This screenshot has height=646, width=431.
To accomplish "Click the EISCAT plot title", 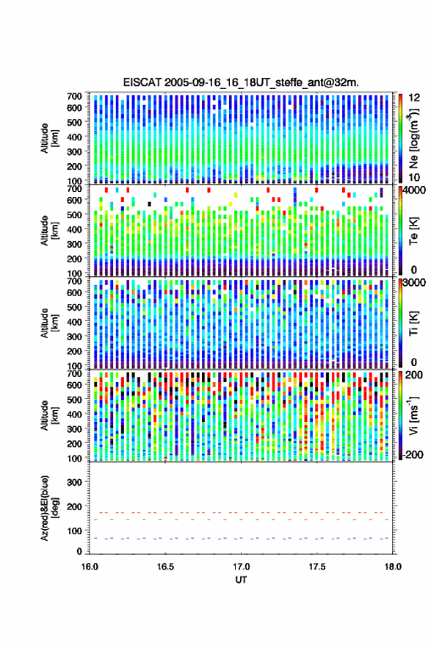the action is tap(241, 82).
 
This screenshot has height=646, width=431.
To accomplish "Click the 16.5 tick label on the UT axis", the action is tap(165, 567).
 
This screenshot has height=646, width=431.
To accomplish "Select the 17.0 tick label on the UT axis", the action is tap(241, 567).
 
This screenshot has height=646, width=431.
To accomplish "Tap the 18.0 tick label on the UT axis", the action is tap(393, 567).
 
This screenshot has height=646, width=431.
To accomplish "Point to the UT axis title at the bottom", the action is tap(241, 580).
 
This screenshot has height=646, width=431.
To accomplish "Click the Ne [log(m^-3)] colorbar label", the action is tap(413, 138).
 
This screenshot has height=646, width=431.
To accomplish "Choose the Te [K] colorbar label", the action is tap(413, 231).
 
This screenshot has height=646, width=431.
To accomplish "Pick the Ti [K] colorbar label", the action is tap(413, 323).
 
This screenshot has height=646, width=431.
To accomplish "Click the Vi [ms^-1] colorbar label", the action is tap(413, 415).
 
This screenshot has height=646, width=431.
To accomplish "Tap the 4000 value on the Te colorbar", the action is tap(414, 191).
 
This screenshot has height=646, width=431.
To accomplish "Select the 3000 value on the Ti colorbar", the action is tap(414, 283).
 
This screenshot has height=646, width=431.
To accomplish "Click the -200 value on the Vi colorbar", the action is tap(412, 455).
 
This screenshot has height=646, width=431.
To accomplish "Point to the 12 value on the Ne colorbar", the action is tap(414, 98).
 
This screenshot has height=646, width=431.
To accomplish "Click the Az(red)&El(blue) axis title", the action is tap(48, 508).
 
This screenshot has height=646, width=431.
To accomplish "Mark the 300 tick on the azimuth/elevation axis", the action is tap(74, 482).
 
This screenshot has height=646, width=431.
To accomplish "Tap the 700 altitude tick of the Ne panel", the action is tap(74, 96).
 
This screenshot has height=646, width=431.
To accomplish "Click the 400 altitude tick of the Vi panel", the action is tap(74, 414).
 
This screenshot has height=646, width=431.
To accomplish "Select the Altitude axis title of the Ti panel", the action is tap(49, 323).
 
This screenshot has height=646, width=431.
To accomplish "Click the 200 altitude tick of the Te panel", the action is tap(74, 259).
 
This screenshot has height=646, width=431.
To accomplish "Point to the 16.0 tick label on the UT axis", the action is tap(90, 567).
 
